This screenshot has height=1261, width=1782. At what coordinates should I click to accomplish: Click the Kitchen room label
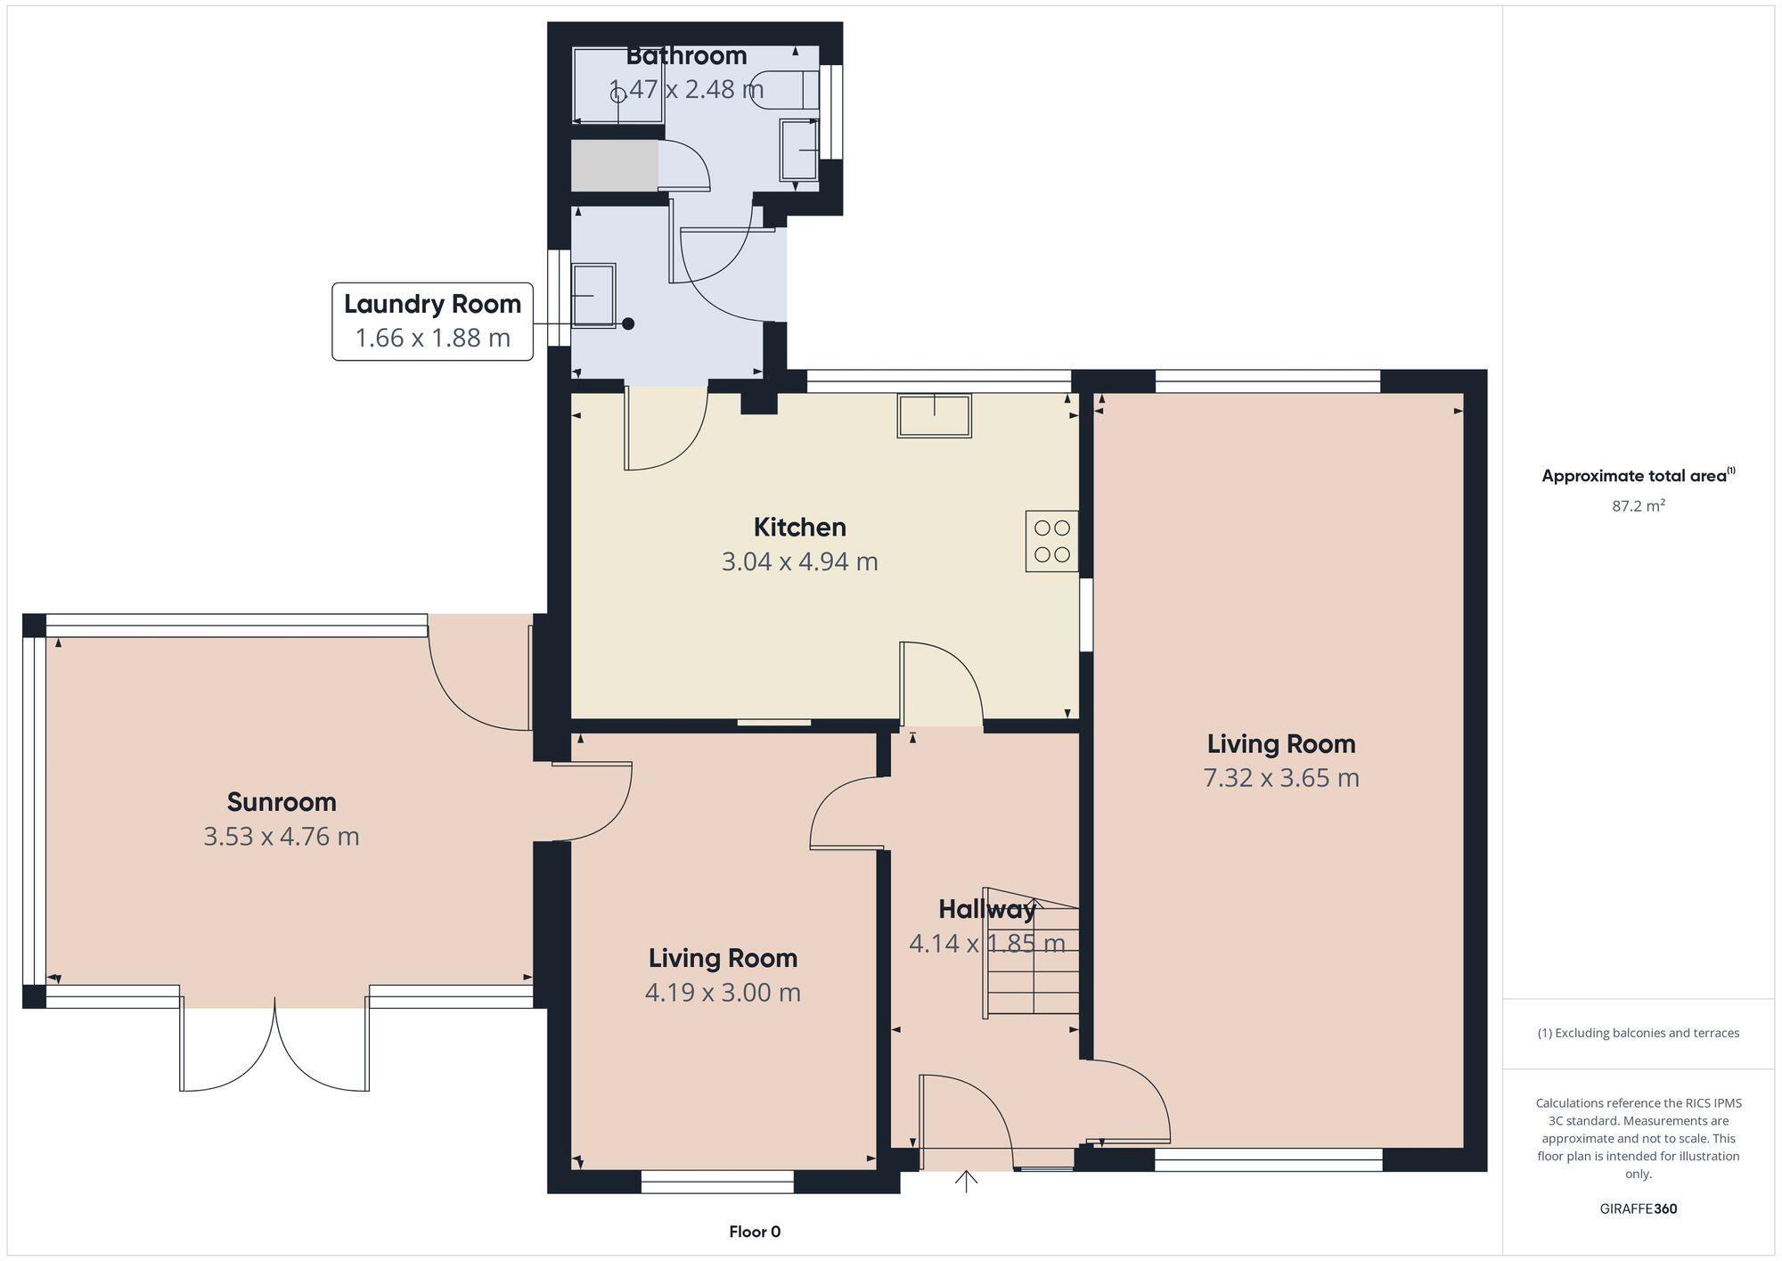click(x=799, y=527)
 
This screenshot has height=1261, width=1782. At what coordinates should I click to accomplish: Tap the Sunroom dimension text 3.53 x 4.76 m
click(x=282, y=837)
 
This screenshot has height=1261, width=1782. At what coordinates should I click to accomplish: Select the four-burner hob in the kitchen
click(x=1051, y=541)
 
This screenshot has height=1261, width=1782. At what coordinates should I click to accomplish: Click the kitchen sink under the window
click(x=934, y=416)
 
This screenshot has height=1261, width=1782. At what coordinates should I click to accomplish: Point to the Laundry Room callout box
click(x=432, y=321)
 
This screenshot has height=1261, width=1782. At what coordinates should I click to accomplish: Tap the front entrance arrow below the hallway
click(x=966, y=1182)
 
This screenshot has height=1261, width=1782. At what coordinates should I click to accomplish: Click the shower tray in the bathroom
click(x=617, y=86)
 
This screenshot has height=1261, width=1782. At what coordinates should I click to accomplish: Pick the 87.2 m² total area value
click(x=1638, y=506)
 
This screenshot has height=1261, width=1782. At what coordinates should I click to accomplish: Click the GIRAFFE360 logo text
click(x=1638, y=1209)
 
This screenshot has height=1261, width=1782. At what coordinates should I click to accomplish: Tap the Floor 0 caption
click(x=755, y=1232)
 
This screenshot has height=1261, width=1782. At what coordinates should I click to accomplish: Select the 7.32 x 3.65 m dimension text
click(x=1280, y=778)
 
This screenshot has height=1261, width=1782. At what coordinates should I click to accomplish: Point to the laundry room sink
click(x=593, y=295)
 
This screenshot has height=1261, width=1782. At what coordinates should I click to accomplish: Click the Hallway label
click(x=985, y=909)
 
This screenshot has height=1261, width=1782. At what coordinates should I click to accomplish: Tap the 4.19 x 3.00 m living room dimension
click(x=723, y=992)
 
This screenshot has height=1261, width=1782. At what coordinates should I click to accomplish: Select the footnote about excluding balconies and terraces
click(x=1638, y=1033)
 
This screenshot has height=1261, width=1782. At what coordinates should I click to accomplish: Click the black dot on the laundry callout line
click(x=628, y=323)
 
